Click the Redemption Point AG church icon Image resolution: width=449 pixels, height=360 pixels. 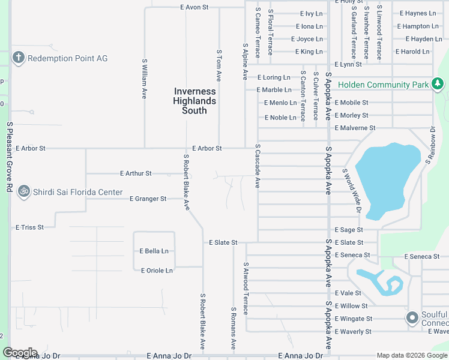tap(19, 58)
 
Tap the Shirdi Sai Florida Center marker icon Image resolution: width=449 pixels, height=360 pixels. tap(24, 191)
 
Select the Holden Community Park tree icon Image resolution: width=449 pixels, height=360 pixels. tap(438, 84)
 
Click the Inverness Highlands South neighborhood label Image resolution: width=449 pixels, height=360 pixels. tap(194, 101)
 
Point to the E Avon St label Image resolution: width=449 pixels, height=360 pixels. tap(194, 7)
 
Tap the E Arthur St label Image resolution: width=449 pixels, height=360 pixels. tap(135, 173)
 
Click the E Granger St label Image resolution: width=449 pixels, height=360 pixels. tap(148, 199)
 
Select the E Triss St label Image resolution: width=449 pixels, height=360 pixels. tap(29, 227)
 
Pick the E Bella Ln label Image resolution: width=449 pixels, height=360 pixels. tap(154, 251)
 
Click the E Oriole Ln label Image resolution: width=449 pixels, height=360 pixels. tap(155, 271)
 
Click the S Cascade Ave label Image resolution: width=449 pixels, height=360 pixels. tap(257, 166)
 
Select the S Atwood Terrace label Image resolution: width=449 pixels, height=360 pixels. tap(246, 288)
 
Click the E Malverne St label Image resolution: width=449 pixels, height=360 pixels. tap(355, 128)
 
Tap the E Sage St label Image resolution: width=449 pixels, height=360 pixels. tap(348, 230)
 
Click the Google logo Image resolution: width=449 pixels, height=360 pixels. tap(20, 353)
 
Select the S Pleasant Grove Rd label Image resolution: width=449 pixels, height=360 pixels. tap(10, 157)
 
